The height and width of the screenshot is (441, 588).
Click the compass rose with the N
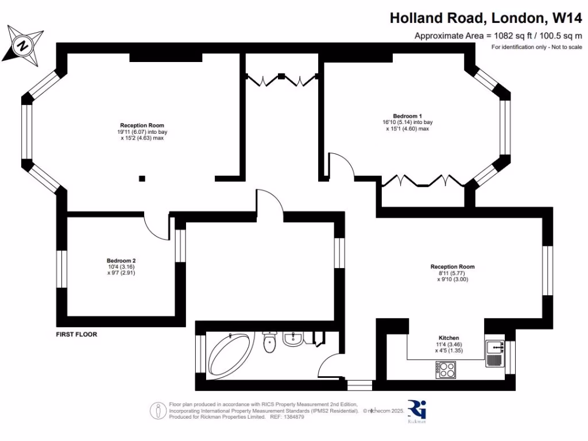pyautogui.click(x=23, y=45)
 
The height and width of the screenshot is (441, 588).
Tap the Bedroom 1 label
pyautogui.click(x=407, y=116)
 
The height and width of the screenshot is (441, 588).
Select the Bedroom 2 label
pyautogui.click(x=121, y=260)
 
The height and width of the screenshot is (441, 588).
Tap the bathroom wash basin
pyautogui.click(x=292, y=338)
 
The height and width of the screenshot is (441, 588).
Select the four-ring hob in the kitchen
pyautogui.click(x=445, y=369)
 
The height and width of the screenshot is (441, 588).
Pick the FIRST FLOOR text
pyautogui.click(x=76, y=334)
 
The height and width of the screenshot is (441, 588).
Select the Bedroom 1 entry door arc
pyautogui.click(x=341, y=166)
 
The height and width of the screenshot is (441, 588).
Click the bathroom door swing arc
pyautogui.click(x=331, y=367)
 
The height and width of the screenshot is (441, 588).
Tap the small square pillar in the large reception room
pyautogui.click(x=142, y=178)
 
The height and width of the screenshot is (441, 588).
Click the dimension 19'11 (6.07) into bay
pyautogui.click(x=142, y=131)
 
